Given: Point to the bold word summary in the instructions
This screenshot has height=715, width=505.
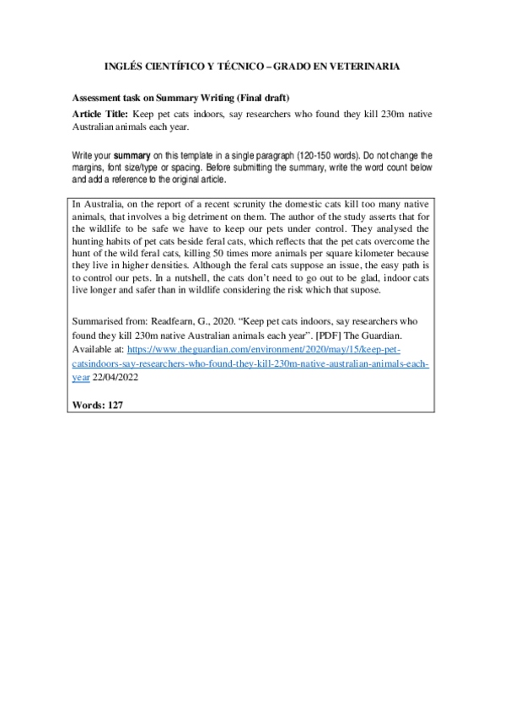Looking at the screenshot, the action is (x=132, y=156).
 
